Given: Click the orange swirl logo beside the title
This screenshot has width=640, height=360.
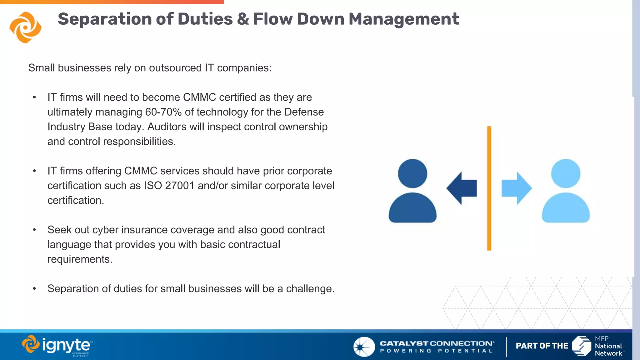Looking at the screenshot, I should (26, 27).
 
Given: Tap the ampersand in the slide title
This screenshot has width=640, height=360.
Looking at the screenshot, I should (243, 19).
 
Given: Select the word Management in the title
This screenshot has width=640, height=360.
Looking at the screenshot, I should (403, 19).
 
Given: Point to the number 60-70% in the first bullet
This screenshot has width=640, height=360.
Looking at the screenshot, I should (163, 112).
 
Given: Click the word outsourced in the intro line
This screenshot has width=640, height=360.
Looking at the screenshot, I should (175, 68).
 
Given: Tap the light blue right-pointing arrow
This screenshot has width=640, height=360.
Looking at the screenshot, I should (517, 188).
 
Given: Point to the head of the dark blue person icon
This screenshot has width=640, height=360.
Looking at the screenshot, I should (412, 173).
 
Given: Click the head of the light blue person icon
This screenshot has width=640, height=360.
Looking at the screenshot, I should (566, 173).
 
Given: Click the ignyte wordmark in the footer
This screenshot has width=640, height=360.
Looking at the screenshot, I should (66, 346).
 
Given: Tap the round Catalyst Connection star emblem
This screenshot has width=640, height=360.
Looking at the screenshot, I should (364, 347).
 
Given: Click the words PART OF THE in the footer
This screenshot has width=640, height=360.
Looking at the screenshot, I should (542, 346).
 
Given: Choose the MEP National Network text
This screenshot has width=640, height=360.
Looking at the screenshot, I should (608, 346).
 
